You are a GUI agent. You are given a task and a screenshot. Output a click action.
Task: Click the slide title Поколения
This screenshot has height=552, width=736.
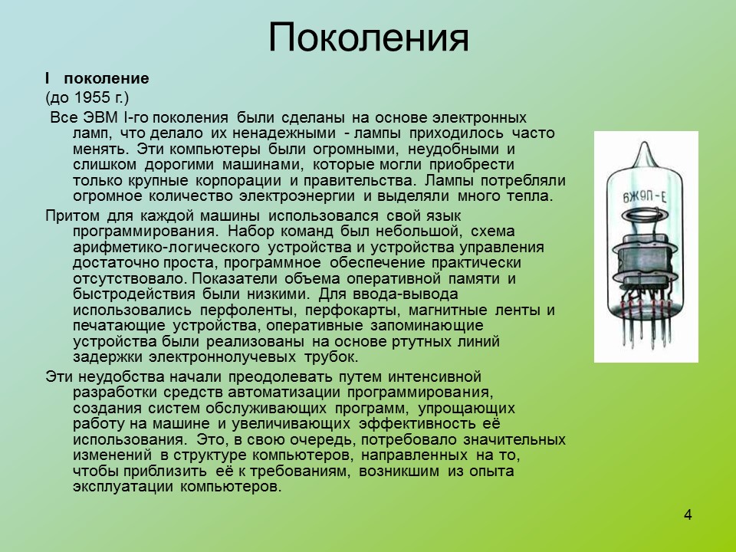368,37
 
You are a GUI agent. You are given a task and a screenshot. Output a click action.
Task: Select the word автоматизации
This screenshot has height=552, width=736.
279,393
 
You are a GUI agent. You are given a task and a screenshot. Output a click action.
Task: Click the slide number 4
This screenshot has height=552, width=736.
688,514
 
